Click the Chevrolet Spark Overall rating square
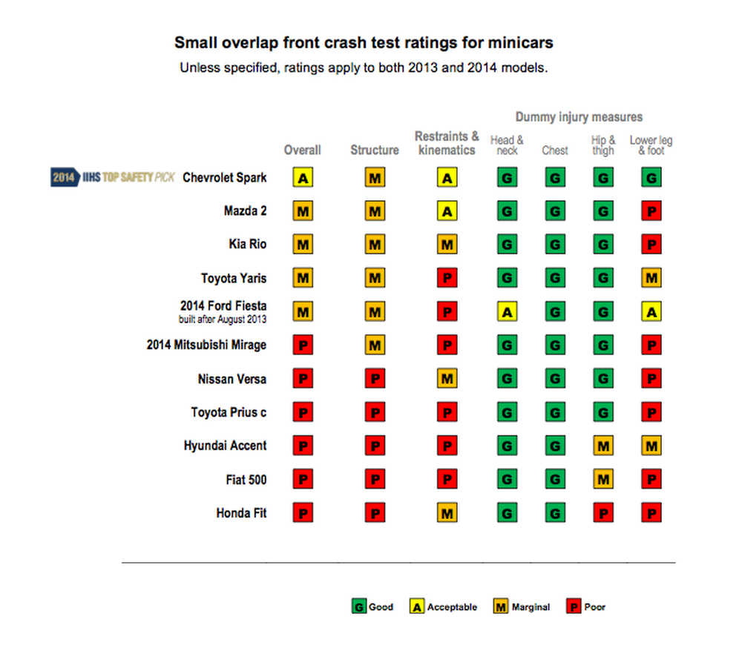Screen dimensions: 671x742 (303, 177)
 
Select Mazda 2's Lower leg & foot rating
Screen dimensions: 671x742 (651, 211)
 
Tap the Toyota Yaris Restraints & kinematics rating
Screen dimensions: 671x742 (447, 279)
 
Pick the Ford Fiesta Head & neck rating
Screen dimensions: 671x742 (507, 312)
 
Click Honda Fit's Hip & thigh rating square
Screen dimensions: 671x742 (603, 513)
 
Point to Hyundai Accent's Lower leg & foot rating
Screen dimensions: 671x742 (651, 446)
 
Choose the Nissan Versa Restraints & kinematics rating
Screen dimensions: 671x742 (447, 379)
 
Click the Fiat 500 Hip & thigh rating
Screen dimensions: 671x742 (603, 480)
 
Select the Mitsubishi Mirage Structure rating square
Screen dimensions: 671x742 (375, 345)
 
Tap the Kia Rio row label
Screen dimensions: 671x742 (247, 244)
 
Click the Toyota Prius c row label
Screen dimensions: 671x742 (229, 412)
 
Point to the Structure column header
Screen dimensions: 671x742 (375, 150)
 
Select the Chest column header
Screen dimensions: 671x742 (555, 150)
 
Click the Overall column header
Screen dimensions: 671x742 (303, 150)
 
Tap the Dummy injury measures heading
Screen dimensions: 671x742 (579, 117)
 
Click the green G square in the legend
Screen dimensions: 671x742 (358, 606)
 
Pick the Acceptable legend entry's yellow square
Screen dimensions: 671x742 (417, 606)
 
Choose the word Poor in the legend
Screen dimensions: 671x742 (594, 606)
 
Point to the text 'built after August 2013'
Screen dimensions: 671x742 (223, 320)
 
